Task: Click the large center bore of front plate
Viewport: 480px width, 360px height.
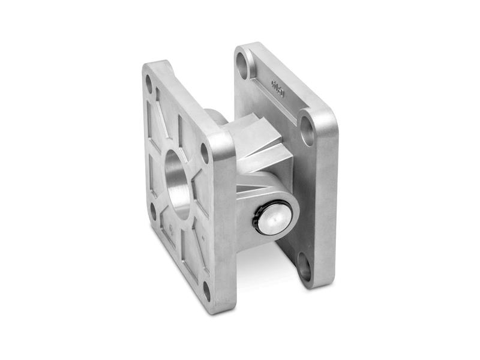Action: click(x=178, y=183)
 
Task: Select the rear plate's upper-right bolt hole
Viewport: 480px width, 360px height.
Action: click(x=306, y=127)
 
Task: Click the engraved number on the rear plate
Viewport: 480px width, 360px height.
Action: click(x=279, y=91)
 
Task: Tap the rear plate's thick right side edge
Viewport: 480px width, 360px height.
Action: click(x=327, y=198)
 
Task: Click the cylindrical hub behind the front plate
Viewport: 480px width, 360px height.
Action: click(x=215, y=117)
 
